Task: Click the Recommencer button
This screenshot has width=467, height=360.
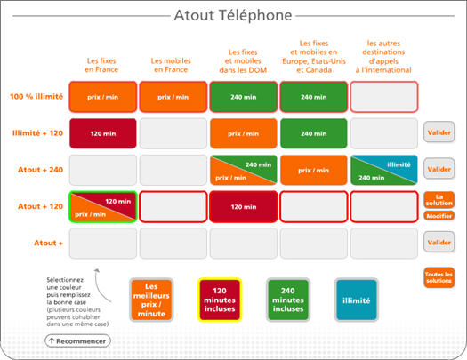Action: pyautogui.click(x=77, y=341)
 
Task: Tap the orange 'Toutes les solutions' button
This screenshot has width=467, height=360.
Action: pyautogui.click(x=439, y=277)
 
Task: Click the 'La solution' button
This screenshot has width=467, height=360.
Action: pyautogui.click(x=439, y=200)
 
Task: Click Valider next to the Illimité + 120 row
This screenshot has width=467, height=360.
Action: pyautogui.click(x=439, y=132)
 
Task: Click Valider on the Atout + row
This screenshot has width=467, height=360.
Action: pyautogui.click(x=439, y=243)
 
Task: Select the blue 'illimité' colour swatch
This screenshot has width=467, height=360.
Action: pyautogui.click(x=357, y=300)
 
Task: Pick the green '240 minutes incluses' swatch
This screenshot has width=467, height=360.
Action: pyautogui.click(x=288, y=300)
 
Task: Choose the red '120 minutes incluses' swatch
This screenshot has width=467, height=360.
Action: pyautogui.click(x=220, y=300)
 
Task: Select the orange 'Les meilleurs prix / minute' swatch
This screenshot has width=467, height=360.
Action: pyautogui.click(x=151, y=300)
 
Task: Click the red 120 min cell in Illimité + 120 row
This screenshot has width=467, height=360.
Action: pyautogui.click(x=103, y=133)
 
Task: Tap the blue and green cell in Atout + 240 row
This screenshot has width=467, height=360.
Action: pyautogui.click(x=384, y=170)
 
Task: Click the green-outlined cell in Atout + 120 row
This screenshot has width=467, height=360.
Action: pyautogui.click(x=103, y=207)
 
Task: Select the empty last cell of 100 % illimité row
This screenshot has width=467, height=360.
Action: pyautogui.click(x=384, y=97)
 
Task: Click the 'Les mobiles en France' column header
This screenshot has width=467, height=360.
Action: pyautogui.click(x=171, y=65)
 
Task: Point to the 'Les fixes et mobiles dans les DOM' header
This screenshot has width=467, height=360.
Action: pyautogui.click(x=243, y=61)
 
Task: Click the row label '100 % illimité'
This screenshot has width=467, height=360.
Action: pyautogui.click(x=36, y=97)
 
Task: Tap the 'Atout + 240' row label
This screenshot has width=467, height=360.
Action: pyautogui.click(x=41, y=170)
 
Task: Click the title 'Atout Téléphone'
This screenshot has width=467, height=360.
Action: pyautogui.click(x=233, y=15)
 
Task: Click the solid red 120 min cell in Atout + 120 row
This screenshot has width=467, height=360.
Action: pyautogui.click(x=244, y=207)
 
